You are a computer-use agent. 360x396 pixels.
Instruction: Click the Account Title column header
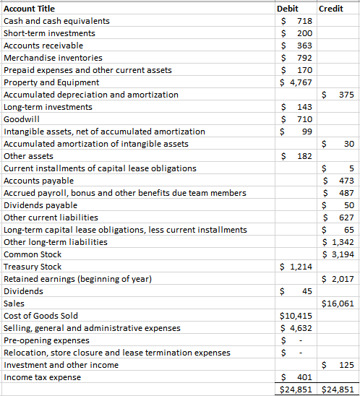click(30, 9)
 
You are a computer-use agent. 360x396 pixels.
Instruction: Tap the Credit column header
click(331, 9)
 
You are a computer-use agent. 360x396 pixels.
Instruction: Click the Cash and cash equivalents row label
click(57, 21)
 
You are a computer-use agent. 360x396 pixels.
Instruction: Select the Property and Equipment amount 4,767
click(296, 82)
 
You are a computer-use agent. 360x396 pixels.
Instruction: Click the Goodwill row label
click(20, 119)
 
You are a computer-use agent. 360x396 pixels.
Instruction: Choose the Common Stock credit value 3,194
click(341, 254)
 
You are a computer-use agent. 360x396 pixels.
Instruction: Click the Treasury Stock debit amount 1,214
click(296, 267)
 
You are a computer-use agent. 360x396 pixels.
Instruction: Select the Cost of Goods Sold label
click(41, 316)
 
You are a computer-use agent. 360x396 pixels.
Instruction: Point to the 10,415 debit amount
click(296, 316)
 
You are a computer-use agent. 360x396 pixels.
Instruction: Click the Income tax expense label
click(42, 377)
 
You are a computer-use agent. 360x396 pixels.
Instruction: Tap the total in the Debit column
click(296, 389)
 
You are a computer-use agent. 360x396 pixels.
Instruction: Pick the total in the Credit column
click(338, 389)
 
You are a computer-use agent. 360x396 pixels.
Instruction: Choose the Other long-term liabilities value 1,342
click(341, 242)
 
